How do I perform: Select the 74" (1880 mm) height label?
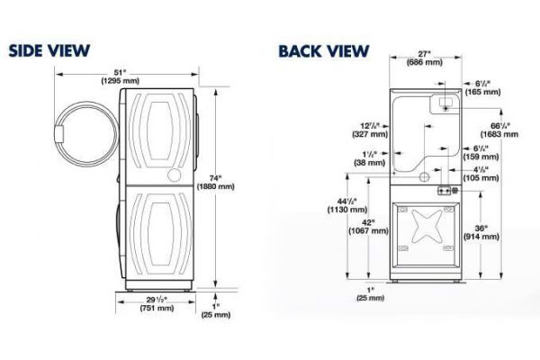(x=215, y=182)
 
